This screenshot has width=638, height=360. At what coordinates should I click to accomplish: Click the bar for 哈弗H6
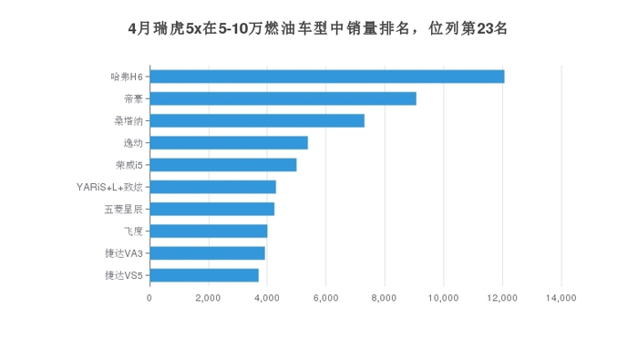(x=326, y=77)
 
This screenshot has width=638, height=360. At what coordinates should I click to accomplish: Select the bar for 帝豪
(x=283, y=98)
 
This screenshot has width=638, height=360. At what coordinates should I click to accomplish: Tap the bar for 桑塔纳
(x=257, y=120)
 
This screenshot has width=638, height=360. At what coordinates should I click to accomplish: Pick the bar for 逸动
(x=229, y=142)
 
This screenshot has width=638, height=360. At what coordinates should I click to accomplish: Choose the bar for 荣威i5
(x=223, y=165)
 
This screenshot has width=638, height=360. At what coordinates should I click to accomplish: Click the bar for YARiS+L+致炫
(x=212, y=187)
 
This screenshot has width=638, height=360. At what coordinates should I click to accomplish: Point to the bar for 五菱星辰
(x=211, y=209)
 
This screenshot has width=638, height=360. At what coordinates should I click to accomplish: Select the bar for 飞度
(x=209, y=231)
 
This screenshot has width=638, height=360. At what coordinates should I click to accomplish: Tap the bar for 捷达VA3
(x=207, y=252)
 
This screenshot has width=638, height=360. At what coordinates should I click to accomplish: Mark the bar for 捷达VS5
(x=204, y=275)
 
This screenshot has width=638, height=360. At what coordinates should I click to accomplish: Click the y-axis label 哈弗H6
(x=127, y=77)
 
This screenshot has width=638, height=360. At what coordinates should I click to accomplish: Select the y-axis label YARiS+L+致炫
(x=109, y=187)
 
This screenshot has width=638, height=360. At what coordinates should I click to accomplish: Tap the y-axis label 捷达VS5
(x=123, y=275)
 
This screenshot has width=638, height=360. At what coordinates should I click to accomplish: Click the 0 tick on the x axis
(x=149, y=297)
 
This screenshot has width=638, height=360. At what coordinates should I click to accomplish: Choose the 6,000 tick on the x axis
(x=325, y=297)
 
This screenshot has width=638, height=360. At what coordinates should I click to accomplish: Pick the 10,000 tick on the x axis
(x=443, y=297)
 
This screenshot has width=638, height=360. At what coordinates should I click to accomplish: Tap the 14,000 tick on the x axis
(x=561, y=297)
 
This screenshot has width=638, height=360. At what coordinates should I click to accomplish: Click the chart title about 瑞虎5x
(x=318, y=28)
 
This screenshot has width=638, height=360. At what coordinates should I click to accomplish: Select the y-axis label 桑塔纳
(x=128, y=120)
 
